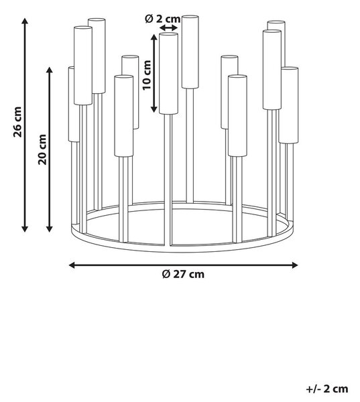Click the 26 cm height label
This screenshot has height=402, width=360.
point(17,122)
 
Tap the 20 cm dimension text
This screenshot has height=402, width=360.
point(42,149)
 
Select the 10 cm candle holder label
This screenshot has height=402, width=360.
point(147,75)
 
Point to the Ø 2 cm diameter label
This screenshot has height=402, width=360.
point(163,19)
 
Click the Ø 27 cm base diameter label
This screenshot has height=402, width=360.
point(183,274)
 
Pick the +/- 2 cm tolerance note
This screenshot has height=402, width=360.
point(327,389)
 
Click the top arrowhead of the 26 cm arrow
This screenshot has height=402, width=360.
point(25,21)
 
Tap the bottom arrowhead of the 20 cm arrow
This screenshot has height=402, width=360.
point(50,229)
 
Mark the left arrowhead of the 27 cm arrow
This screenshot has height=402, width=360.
point(72,265)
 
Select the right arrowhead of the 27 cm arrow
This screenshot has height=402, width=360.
point(294,265)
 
